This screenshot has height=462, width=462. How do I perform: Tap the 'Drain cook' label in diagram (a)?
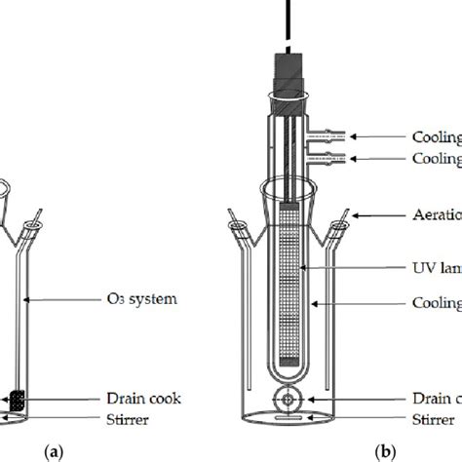coord(144,399)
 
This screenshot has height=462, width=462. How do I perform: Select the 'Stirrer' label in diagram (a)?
coord(131,420)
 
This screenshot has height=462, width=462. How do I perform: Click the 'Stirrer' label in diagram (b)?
coord(428,420)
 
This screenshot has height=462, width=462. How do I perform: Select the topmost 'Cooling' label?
coord(435,138)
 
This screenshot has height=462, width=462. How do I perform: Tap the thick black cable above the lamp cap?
coord(291,19)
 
